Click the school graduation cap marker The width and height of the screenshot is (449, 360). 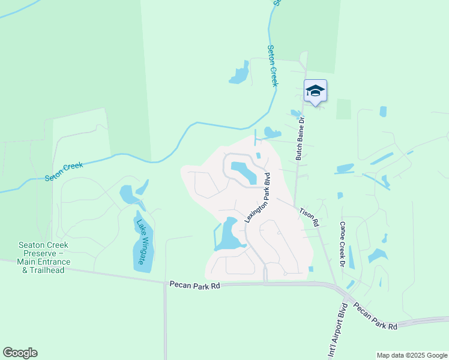pos(315,91)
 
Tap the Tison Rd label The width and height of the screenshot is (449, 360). pos(309,217)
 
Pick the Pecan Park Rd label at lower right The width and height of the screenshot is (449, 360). pos(375,316)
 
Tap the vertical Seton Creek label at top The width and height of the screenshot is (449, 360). pos(273,65)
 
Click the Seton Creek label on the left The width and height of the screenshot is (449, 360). pos(64,172)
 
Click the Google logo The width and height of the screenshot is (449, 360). pos(20,353)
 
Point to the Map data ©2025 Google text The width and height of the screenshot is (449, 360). pos(411,355)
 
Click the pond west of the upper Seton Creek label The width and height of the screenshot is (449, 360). pos(240,74)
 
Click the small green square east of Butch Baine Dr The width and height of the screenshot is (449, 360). pos(343,109)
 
